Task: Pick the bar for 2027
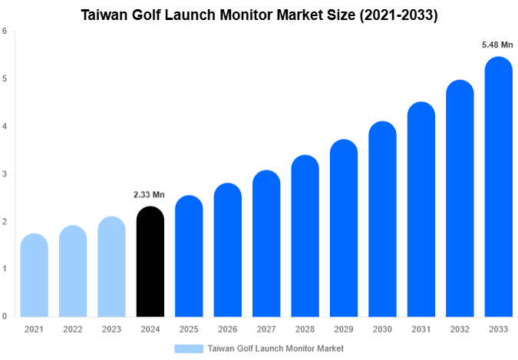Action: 266,243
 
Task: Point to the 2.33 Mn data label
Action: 150,194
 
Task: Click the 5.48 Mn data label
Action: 497,45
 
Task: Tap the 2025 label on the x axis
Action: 188,329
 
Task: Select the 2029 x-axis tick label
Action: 343,329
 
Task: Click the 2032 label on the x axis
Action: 459,329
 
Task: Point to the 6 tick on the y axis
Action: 5,31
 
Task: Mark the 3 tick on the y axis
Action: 5,174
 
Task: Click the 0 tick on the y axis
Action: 5,316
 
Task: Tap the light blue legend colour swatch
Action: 189,348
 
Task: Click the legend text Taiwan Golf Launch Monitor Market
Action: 275,348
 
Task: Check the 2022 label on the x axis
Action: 72,329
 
